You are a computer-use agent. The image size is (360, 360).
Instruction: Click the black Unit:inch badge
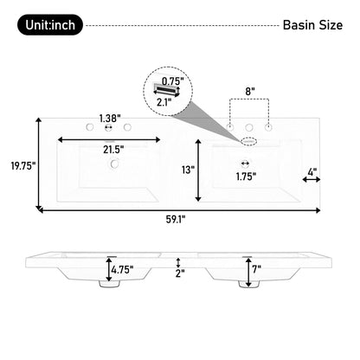tap(50, 25)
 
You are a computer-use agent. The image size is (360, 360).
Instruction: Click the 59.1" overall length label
tap(178, 219)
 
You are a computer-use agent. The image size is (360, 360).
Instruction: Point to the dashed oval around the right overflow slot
tap(249, 138)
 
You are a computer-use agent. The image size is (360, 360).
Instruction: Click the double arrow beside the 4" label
tap(312, 180)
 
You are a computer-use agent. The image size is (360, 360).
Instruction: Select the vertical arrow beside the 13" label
tap(200, 170)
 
